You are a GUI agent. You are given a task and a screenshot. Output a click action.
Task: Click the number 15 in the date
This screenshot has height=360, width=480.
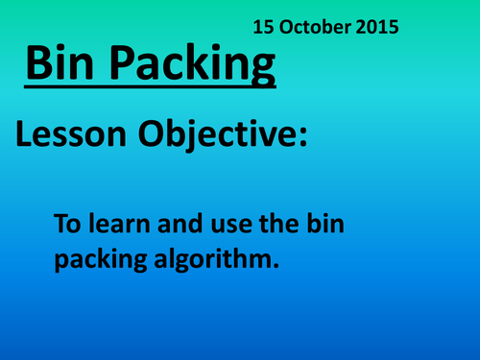click(x=263, y=26)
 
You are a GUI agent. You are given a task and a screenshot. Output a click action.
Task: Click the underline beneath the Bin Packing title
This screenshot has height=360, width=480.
click(x=148, y=90)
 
